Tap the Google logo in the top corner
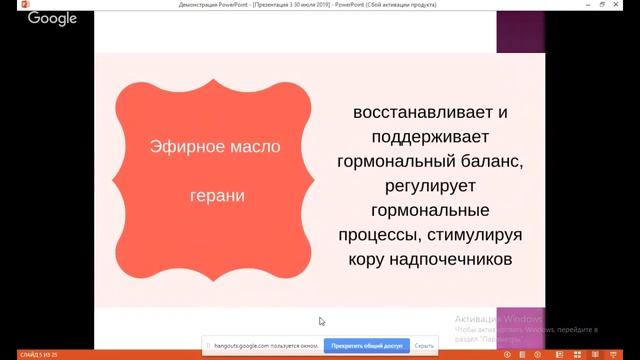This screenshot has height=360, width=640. click(x=52, y=18)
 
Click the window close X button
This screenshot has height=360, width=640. click(x=627, y=5)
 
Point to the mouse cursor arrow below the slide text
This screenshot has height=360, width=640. click(x=321, y=321)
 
